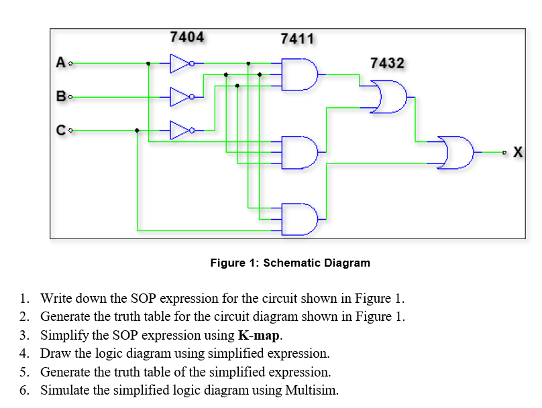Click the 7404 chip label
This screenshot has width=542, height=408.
[187, 37]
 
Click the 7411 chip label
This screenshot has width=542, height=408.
[297, 39]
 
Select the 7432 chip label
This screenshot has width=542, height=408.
[387, 63]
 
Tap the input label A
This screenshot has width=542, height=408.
[60, 64]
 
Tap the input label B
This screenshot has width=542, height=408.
[60, 97]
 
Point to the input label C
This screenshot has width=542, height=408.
[60, 130]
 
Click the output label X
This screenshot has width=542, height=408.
[518, 152]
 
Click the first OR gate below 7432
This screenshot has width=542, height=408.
[391, 96]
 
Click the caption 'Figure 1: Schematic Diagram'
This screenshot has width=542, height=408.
[290, 263]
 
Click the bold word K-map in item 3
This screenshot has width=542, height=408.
[255, 335]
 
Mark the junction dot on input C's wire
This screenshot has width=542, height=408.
[138, 130]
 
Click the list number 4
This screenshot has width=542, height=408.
[24, 353]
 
